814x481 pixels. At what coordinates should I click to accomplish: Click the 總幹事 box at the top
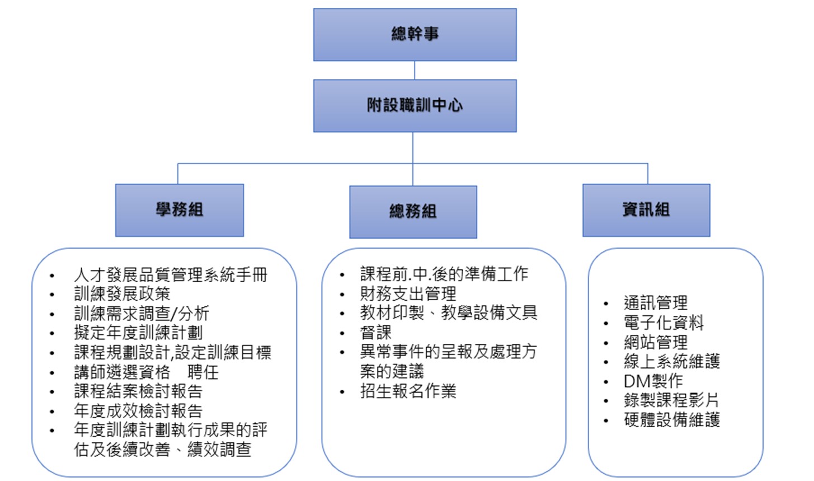[415, 35]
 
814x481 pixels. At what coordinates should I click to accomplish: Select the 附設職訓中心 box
[415, 106]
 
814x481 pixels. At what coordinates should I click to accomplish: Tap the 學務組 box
[180, 210]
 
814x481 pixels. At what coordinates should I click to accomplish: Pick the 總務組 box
[413, 212]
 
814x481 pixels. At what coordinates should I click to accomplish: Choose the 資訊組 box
[646, 210]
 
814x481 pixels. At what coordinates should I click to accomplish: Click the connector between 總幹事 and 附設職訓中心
[415, 70]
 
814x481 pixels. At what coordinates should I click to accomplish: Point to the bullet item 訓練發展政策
[122, 294]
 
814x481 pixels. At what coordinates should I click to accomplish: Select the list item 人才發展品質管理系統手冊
[171, 275]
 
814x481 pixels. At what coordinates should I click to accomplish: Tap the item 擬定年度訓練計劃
[138, 333]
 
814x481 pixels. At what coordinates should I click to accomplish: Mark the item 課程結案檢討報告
[138, 391]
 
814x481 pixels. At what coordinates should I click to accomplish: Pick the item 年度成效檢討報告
[138, 410]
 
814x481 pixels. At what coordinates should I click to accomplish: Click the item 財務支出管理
[408, 293]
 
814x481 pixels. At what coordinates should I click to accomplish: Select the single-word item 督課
[376, 332]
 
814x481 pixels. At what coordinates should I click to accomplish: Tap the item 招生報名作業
[408, 391]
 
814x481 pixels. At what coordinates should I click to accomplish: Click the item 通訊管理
[656, 303]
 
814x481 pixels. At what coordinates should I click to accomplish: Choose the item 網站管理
[656, 342]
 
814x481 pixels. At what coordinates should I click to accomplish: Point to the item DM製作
[653, 381]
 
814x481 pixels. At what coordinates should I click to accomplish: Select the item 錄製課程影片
[671, 400]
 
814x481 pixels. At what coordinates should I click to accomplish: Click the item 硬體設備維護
[671, 420]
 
